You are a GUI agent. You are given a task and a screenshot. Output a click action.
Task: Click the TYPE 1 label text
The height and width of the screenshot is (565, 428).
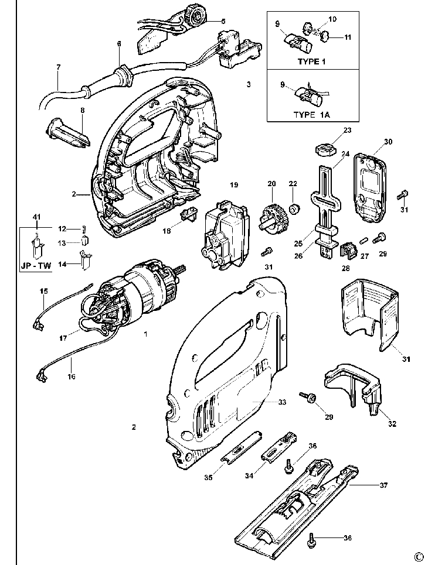tap(311, 61)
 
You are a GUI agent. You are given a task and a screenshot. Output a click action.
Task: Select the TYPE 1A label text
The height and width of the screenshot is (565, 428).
tap(311, 115)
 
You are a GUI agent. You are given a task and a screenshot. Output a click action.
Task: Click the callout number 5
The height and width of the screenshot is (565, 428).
tap(223, 21)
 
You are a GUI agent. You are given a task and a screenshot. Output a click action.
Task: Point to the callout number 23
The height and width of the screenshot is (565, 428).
tap(347, 130)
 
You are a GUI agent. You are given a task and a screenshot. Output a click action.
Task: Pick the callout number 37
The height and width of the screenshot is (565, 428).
tap(383, 485)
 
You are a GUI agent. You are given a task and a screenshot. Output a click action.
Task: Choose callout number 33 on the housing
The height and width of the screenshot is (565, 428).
tap(282, 402)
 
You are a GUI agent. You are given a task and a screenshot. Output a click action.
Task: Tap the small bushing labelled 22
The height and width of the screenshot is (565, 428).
tap(295, 207)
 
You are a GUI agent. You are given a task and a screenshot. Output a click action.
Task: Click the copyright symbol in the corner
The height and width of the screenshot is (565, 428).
tap(419, 556)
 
